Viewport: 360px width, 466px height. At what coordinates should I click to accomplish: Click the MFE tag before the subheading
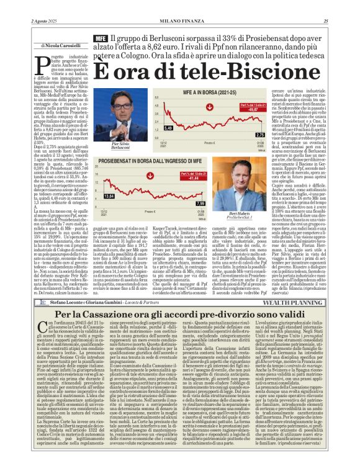pos(100,38)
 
